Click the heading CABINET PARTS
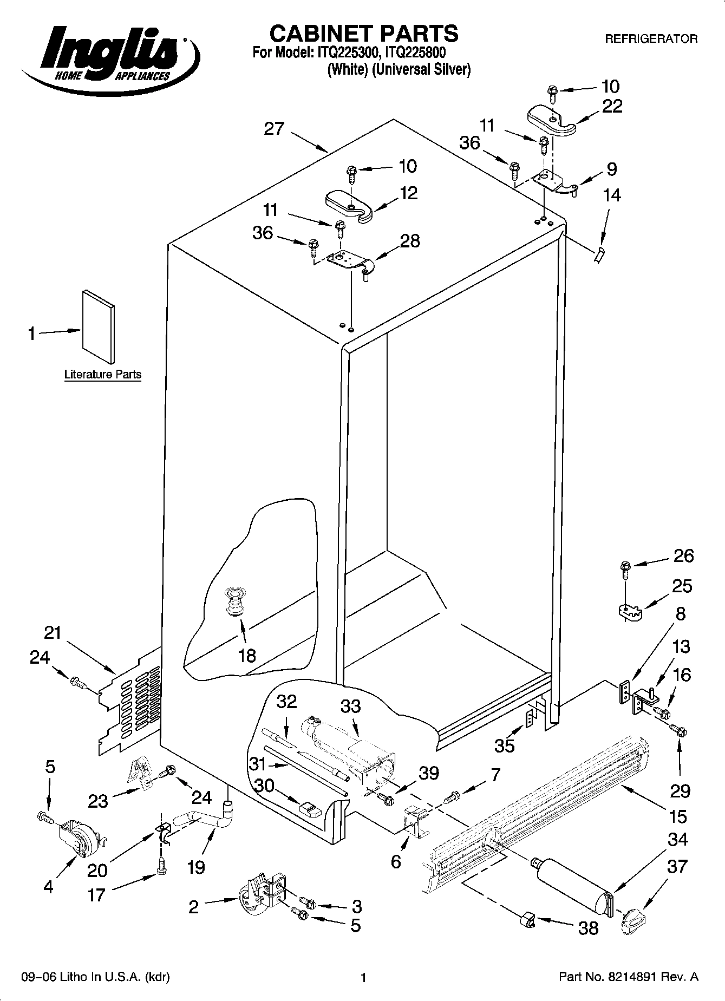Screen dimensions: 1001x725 [x=363, y=34]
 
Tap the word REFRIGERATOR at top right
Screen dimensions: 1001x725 [x=651, y=39]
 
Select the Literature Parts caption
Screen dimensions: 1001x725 [x=102, y=375]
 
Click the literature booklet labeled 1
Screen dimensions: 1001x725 [x=99, y=327]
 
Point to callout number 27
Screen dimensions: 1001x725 [x=274, y=129]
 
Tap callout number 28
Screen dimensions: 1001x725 [x=410, y=241]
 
